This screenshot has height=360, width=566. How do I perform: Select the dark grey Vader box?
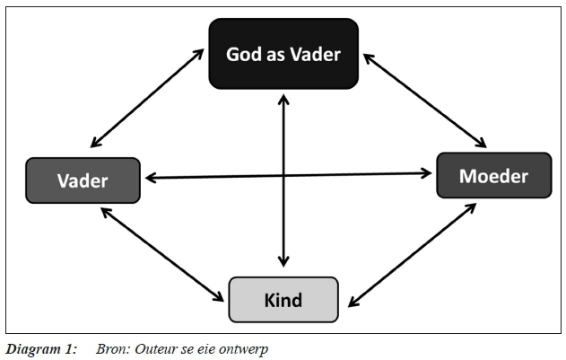tap(83, 180)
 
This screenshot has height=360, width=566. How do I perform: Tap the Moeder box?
tap(493, 175)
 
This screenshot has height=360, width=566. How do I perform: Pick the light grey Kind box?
tap(283, 299)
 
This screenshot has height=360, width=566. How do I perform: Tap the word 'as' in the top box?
tap(276, 56)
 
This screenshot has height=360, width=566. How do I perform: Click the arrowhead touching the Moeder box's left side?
tap(428, 174)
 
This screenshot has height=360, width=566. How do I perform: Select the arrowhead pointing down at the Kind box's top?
tap(283, 262)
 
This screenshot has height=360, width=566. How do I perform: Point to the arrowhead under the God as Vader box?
tap(283, 95)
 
